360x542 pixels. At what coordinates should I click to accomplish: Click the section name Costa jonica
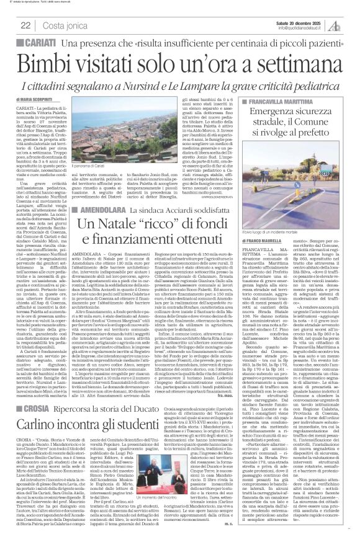(x=63, y=25)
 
